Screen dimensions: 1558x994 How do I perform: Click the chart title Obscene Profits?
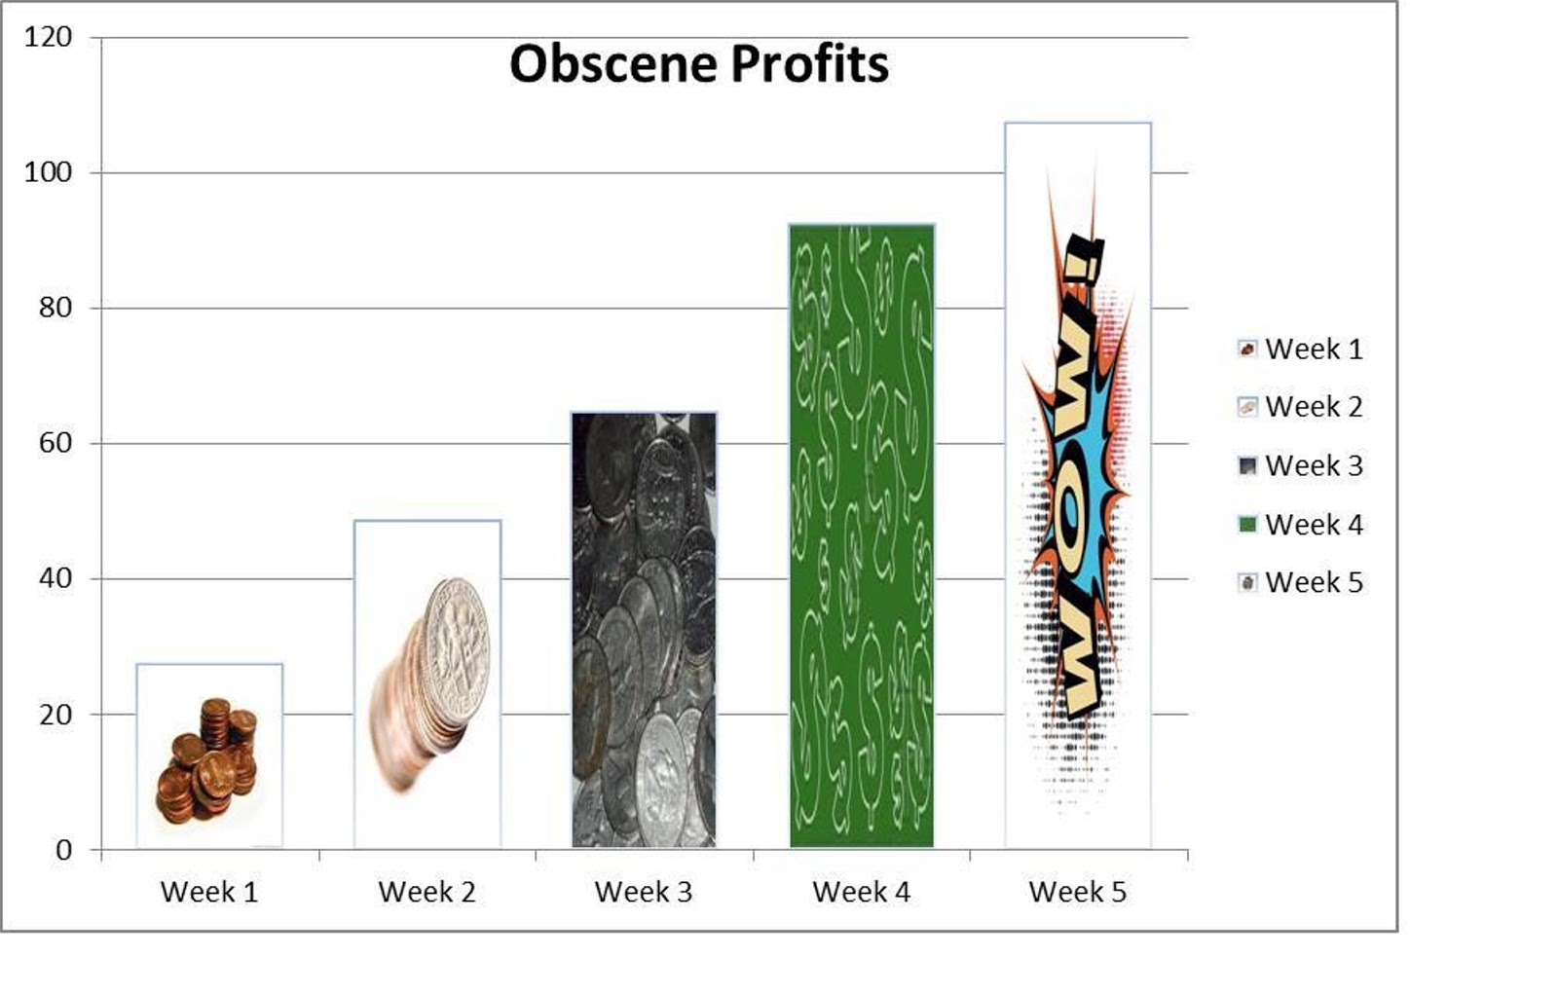tap(699, 65)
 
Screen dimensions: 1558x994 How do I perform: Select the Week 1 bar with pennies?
tap(209, 756)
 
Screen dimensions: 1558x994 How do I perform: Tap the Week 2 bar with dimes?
tap(427, 684)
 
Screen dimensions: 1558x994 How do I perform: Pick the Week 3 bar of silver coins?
tap(644, 630)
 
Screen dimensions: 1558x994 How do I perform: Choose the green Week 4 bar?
tap(862, 536)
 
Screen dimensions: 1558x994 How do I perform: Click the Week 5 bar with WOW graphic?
tap(1078, 486)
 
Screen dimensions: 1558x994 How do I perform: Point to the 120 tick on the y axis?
tap(48, 38)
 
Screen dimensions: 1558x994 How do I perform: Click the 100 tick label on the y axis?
tap(48, 172)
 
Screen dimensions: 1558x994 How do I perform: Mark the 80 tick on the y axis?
tap(56, 309)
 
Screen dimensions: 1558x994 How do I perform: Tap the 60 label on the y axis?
tap(56, 443)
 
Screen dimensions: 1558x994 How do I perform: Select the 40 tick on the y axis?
tap(56, 578)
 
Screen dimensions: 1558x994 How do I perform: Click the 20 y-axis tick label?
tap(56, 715)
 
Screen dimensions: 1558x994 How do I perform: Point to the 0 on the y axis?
tap(64, 850)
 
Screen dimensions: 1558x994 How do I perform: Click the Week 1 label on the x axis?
tap(209, 892)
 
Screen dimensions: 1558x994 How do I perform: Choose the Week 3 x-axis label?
tap(644, 892)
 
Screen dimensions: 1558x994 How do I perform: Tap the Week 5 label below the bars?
tap(1078, 892)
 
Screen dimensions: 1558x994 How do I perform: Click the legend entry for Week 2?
tap(1301, 407)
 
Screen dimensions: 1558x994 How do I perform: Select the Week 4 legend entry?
tap(1301, 525)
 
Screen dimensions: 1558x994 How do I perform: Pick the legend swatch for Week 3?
tap(1247, 466)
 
